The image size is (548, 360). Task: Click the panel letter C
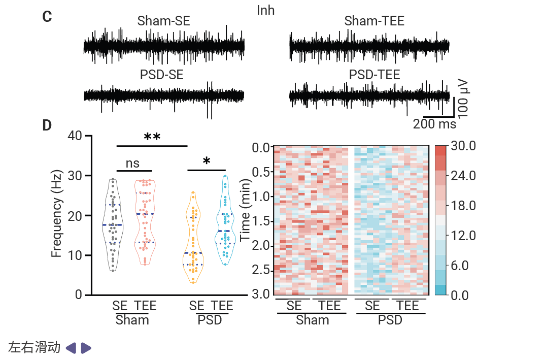click(x=47, y=17)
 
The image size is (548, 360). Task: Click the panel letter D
click(x=47, y=125)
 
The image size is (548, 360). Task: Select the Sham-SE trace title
click(x=164, y=21)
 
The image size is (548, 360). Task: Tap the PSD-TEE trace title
click(x=374, y=75)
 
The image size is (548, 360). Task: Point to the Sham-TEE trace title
click(x=374, y=21)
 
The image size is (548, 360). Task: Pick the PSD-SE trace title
click(x=162, y=75)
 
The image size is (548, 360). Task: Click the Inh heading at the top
click(x=266, y=10)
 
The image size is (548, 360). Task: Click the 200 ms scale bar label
click(x=434, y=124)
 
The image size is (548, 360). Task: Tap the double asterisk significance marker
click(x=152, y=137)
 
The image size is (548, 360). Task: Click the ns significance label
click(x=132, y=163)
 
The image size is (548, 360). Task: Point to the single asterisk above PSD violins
click(x=207, y=161)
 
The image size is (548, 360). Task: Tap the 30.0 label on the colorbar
click(x=463, y=146)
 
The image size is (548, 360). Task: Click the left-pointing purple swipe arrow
click(x=71, y=348)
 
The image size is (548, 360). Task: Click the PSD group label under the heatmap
click(x=390, y=320)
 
